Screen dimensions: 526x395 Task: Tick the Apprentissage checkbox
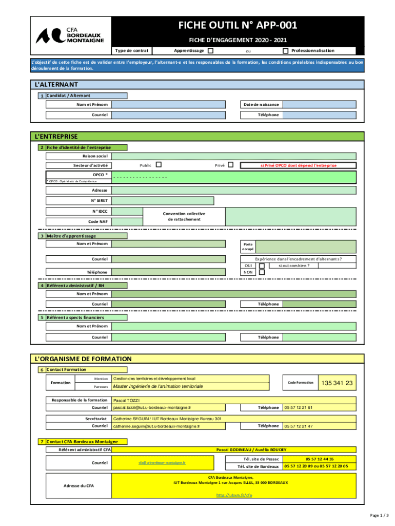coord(210,51)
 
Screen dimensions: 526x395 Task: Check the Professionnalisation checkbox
coord(285,51)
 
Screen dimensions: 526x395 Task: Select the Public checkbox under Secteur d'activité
coord(159,165)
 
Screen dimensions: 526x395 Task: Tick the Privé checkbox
coord(230,165)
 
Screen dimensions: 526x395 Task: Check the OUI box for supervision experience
coord(262,266)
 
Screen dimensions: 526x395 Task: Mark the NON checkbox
coord(262,272)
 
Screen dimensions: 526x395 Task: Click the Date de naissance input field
coord(319,104)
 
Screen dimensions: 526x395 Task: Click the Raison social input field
coord(234,156)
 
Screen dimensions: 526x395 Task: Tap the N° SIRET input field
coord(234,200)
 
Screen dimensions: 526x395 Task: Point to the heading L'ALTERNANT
coord(56,84)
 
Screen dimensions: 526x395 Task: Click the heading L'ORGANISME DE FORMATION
coord(83,359)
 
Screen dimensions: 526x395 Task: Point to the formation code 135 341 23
coord(337,383)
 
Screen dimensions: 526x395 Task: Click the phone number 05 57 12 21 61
coord(299,407)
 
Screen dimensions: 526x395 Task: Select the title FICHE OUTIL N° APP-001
coord(238,26)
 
